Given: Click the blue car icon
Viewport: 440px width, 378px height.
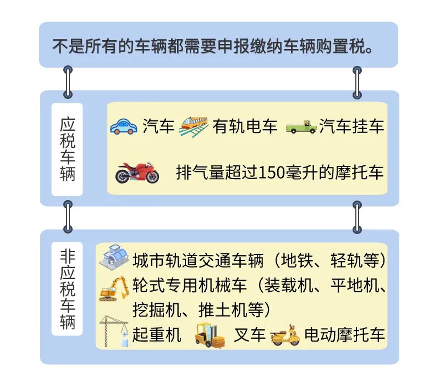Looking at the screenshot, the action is point(123,126).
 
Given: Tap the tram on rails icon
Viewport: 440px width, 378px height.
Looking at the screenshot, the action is point(194,126).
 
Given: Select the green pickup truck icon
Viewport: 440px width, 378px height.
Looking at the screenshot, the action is point(301,127).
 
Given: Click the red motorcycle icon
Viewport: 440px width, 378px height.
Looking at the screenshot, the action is point(137,173).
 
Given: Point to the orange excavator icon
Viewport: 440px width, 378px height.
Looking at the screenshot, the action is point(115,288).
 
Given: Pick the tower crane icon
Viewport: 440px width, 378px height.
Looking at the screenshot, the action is point(114,331).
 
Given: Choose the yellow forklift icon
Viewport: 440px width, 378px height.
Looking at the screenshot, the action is point(210,335).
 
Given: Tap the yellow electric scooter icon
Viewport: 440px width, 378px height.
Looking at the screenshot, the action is point(285,335).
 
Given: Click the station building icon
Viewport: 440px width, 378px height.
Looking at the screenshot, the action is point(114,257).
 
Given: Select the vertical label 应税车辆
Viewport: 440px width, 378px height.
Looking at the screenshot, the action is point(67,149).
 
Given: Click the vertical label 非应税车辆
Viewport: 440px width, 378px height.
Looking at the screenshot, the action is point(67,289).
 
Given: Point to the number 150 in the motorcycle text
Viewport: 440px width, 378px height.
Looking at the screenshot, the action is point(271,173).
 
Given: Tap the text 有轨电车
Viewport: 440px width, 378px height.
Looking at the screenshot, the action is point(245,126).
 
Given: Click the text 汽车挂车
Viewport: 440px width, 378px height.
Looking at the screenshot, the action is point(351,126).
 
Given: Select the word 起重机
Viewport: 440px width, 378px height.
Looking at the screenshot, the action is point(157,335).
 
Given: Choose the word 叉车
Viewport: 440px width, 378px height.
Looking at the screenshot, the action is point(250,335).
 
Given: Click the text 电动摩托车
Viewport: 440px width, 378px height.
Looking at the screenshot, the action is point(345,335).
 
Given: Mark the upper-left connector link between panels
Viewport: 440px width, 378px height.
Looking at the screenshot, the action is point(68,82).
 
